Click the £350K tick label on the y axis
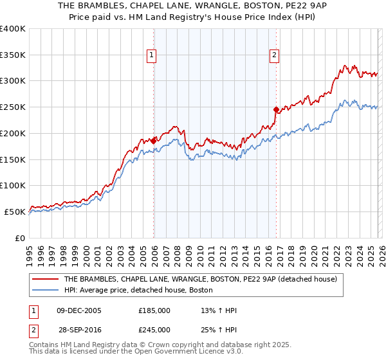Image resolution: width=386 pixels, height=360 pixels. [x=13, y=55]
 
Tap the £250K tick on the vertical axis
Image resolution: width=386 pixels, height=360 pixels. [x=13, y=107]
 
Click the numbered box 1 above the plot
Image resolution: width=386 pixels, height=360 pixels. [x=152, y=56]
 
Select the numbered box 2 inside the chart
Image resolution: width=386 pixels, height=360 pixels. [x=274, y=56]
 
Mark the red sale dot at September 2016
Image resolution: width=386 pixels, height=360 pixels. [x=276, y=110]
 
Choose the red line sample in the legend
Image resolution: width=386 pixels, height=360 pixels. [x=46, y=280]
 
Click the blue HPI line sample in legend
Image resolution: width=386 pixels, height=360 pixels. [x=46, y=291]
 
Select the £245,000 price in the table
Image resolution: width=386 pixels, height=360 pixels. [x=154, y=329]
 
